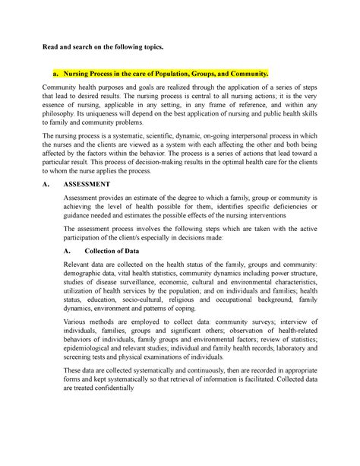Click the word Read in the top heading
coord(51,47)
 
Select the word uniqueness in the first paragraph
coord(121,122)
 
